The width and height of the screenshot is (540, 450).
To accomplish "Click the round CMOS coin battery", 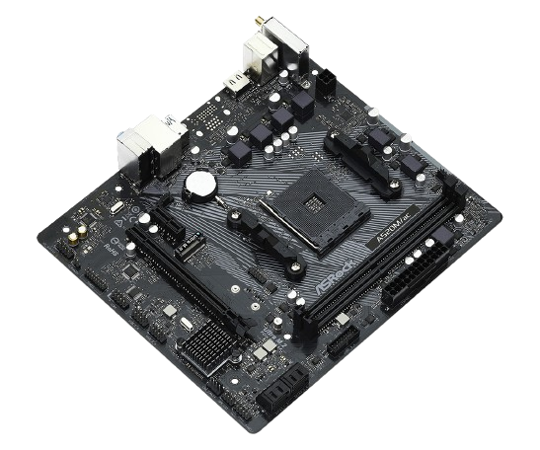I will click(201, 185).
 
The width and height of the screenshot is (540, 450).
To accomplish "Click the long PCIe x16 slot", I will click(188, 276).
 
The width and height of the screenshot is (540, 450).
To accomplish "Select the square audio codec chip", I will click(115, 209).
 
